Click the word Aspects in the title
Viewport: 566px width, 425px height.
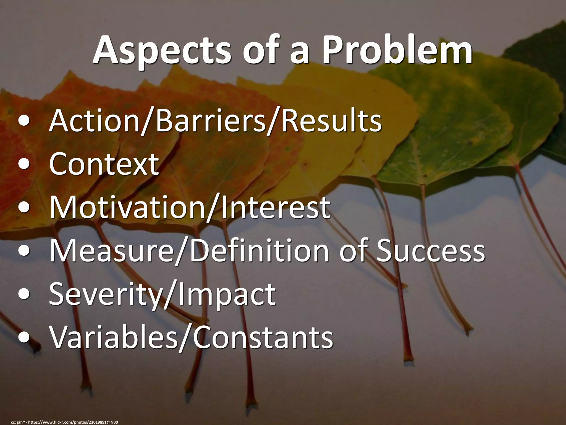[x=162, y=51]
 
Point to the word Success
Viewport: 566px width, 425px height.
[x=430, y=251]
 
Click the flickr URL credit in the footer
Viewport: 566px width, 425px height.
[x=73, y=422]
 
